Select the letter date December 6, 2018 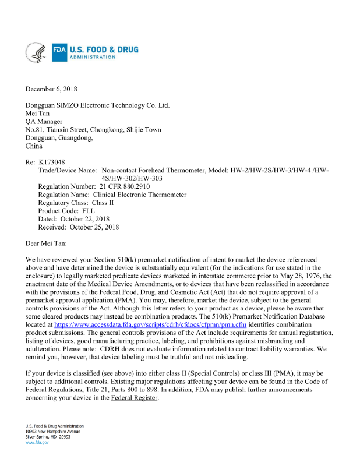click(51, 89)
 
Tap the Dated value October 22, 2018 click(89, 218)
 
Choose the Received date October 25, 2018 click(96, 227)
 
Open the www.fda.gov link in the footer click(37, 443)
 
